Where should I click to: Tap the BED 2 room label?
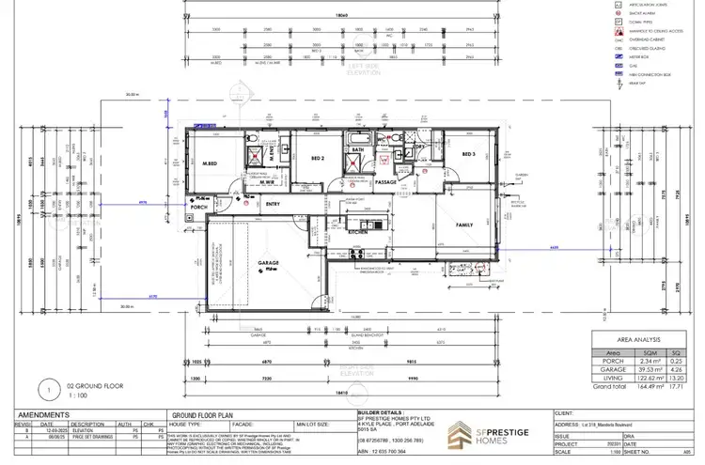(318, 158)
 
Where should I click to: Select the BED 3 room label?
(467, 154)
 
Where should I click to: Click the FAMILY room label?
(463, 225)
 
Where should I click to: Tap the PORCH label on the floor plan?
(197, 208)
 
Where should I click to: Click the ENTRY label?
(274, 204)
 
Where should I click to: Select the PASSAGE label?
(388, 182)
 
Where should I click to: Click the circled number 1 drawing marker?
(46, 386)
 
